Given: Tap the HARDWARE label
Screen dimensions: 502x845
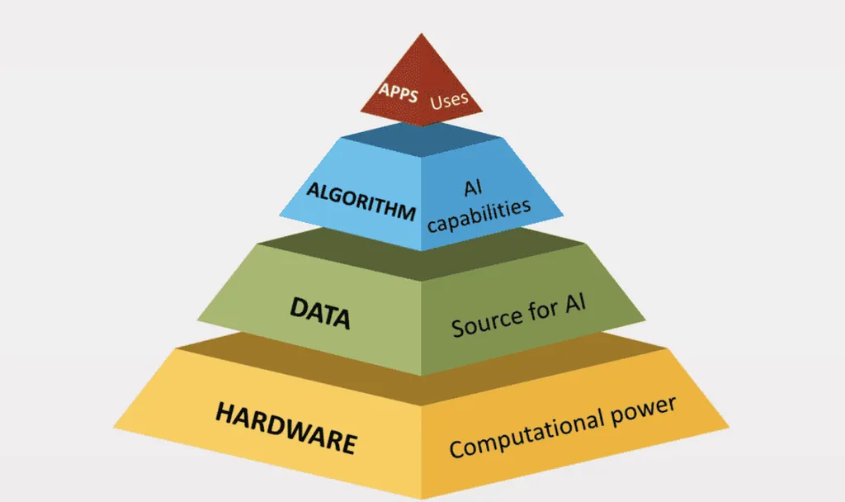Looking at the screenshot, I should [x=285, y=428].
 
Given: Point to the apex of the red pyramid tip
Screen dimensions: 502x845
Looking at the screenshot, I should [x=421, y=35].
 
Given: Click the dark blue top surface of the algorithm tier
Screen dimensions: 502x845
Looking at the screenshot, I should [x=421, y=140].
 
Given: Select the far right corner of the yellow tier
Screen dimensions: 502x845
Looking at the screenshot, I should [x=729, y=427].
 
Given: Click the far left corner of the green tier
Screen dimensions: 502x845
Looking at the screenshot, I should [x=197, y=318].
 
